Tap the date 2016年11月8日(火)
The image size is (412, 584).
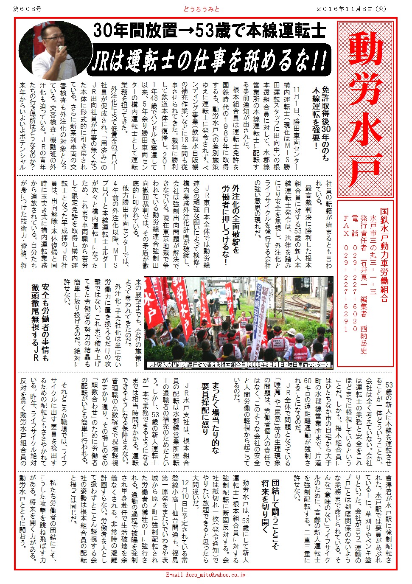[352, 8]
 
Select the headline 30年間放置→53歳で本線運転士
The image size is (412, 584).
[210, 31]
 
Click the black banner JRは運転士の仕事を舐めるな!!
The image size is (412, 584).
[210, 61]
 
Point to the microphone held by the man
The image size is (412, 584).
[62, 50]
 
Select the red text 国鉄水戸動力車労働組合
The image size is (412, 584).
[384, 255]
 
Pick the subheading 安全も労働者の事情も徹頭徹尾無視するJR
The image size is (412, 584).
[40, 323]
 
